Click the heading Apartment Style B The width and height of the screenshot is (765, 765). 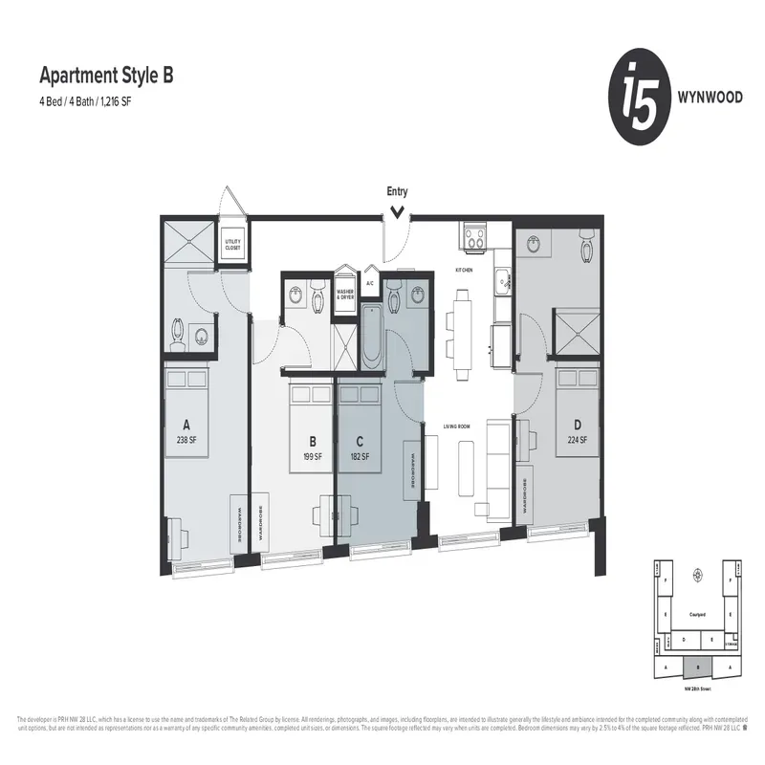click(105, 75)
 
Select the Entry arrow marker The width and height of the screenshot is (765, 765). click(396, 212)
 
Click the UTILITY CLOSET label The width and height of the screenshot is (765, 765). click(232, 246)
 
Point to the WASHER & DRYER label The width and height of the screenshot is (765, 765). click(344, 294)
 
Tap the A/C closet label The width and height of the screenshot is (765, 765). click(369, 284)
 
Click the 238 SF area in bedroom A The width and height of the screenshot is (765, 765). click(186, 441)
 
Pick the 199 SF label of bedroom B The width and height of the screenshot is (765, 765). click(312, 457)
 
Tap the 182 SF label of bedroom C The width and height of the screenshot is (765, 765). click(360, 457)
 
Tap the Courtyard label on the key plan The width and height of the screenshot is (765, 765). click(697, 615)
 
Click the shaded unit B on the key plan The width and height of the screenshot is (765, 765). click(697, 667)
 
